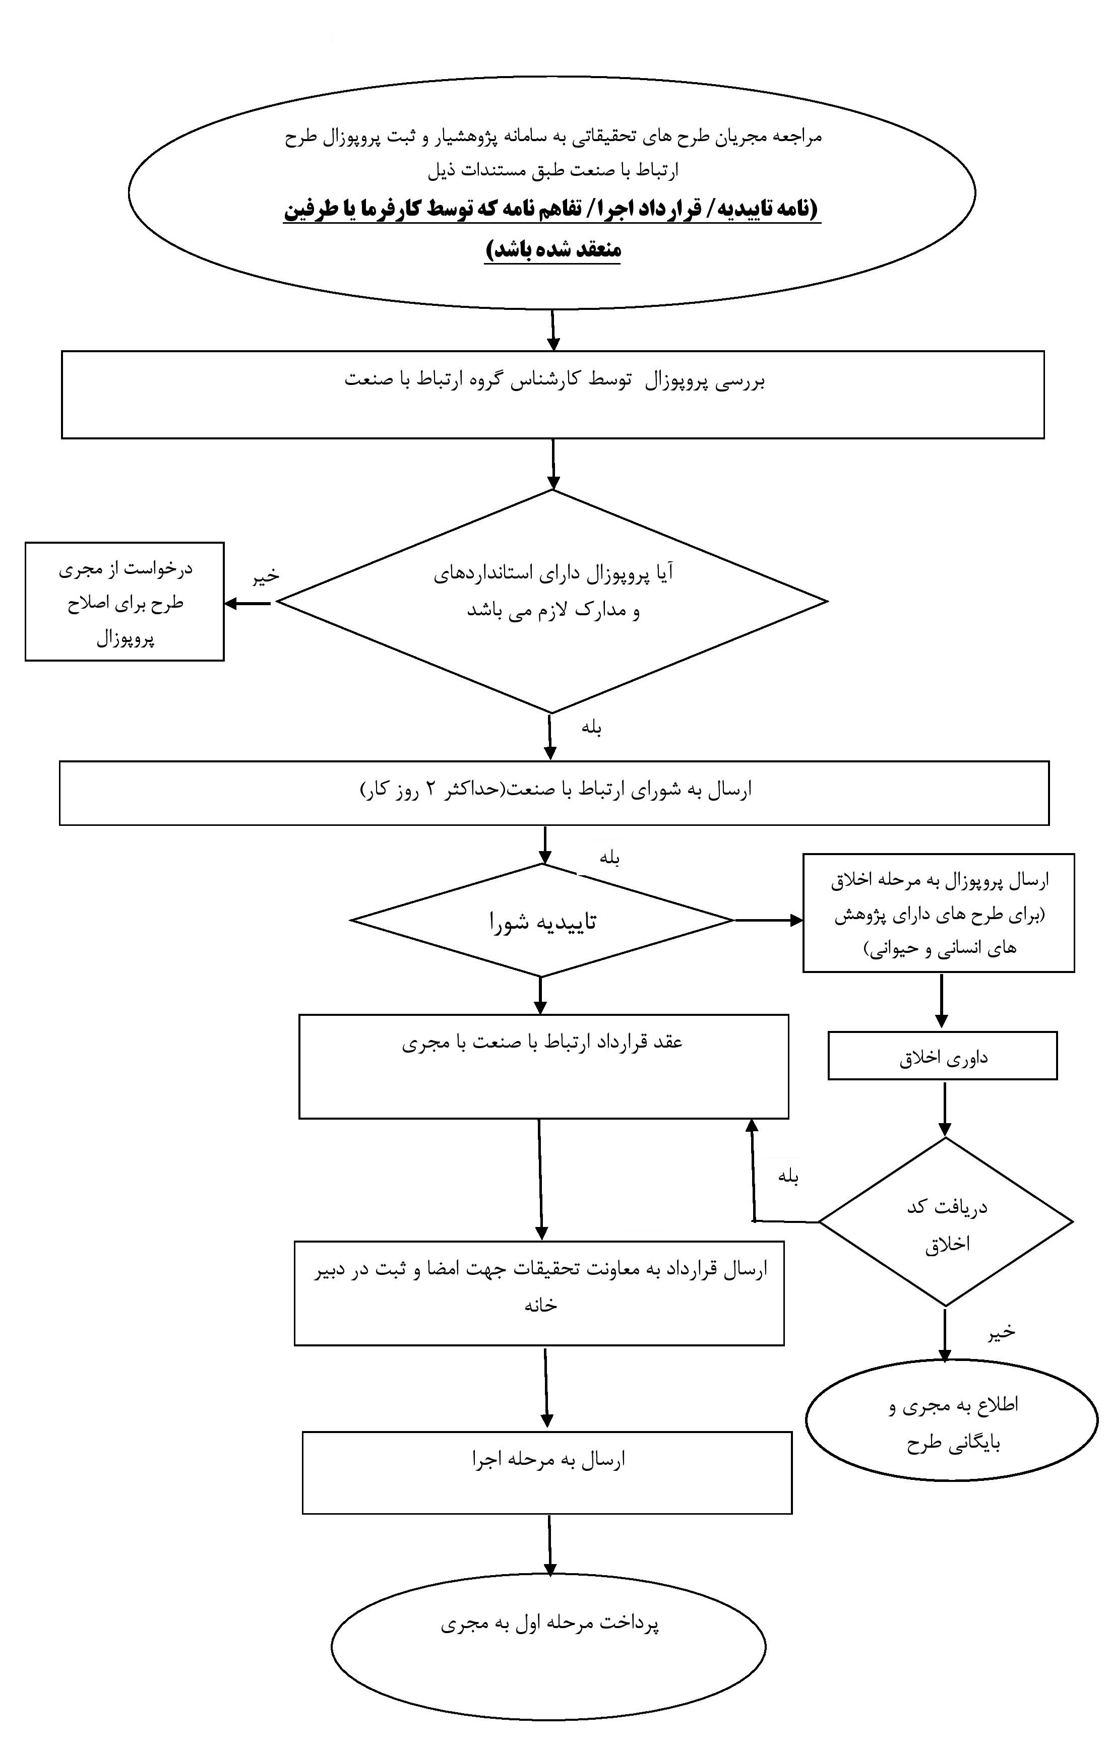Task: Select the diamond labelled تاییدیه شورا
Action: pyautogui.click(x=542, y=920)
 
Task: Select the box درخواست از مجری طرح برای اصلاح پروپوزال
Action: pyautogui.click(x=125, y=601)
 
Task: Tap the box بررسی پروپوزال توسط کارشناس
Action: pyautogui.click(x=552, y=395)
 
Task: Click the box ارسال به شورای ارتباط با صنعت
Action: pyautogui.click(x=554, y=793)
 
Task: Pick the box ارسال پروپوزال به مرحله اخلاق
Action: pyautogui.click(x=939, y=913)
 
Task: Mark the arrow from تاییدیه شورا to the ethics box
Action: pyautogui.click(x=769, y=921)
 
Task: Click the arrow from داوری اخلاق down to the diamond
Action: pyautogui.click(x=944, y=1109)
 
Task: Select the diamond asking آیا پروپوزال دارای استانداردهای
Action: pyautogui.click(x=552, y=601)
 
